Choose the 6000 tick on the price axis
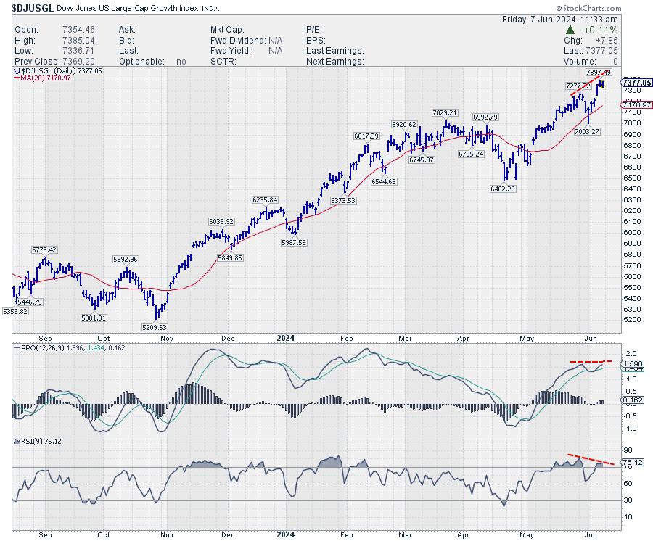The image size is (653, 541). [631, 232]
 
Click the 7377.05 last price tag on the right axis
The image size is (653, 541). [636, 83]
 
